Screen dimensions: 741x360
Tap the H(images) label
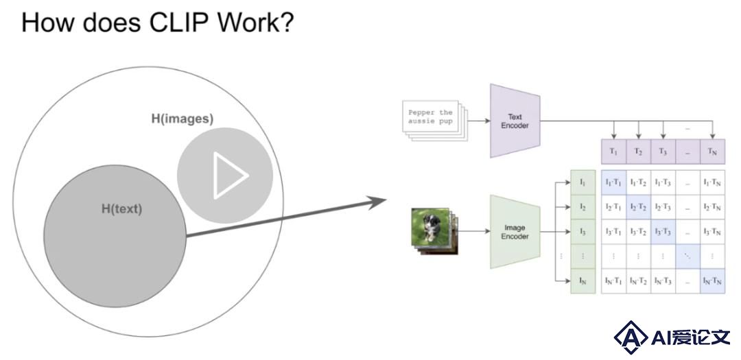point(183,119)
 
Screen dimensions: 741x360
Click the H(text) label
point(122,209)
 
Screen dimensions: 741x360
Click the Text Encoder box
point(515,121)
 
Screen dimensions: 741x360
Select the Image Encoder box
point(515,232)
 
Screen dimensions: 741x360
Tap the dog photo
point(430,227)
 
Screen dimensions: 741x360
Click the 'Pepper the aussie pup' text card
point(430,117)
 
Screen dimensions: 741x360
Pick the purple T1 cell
point(613,152)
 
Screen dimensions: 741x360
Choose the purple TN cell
point(712,152)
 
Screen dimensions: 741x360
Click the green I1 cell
point(583,182)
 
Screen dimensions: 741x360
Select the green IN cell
point(583,281)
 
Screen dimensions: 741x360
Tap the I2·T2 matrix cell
point(639,207)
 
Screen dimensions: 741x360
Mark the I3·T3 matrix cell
point(663,232)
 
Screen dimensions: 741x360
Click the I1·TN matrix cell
point(712,182)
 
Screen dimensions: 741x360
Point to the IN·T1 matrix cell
point(613,281)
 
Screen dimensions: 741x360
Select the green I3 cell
point(583,232)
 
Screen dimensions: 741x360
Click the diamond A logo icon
point(631,337)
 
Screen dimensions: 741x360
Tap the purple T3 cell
point(663,152)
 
